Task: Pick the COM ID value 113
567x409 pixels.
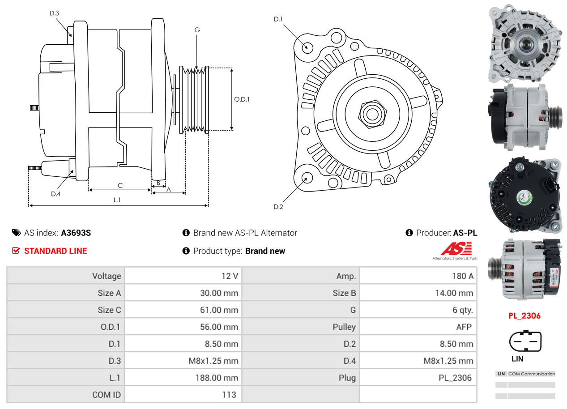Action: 229,395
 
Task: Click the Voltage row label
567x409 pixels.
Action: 107,276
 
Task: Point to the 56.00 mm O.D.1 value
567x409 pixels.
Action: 219,327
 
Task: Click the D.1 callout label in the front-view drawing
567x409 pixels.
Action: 278,19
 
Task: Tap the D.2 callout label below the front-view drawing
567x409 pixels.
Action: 278,207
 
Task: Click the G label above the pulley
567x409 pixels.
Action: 197,30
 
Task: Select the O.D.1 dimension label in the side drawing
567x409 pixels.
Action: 242,99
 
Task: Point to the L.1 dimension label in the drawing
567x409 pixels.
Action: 117,200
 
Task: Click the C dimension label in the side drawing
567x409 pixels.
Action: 120,185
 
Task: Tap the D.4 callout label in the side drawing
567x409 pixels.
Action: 55,194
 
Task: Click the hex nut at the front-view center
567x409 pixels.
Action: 371,114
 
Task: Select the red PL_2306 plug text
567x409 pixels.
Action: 524,316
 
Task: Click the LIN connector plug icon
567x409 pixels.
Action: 525,342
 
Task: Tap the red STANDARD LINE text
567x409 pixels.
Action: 55,251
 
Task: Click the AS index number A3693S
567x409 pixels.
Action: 76,233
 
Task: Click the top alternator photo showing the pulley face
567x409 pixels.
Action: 524,43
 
